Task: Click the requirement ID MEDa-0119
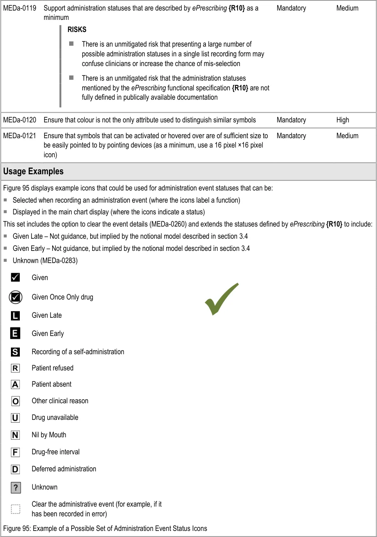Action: (x=19, y=8)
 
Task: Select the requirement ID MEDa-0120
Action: (x=19, y=120)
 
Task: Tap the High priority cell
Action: (x=342, y=120)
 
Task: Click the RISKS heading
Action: (x=77, y=30)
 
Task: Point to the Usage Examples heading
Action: (x=33, y=171)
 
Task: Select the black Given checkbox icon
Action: (x=15, y=277)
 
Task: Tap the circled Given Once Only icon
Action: (x=15, y=297)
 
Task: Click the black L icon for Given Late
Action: (x=15, y=315)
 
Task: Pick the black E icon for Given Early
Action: (x=15, y=334)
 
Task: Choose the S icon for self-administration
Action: (x=15, y=352)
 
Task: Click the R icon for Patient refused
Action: (x=15, y=368)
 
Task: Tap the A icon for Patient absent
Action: (x=15, y=384)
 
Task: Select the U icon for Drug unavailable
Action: (x=15, y=417)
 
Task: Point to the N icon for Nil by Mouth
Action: (x=15, y=435)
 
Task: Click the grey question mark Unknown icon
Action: (x=16, y=487)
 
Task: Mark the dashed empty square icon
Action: (x=15, y=509)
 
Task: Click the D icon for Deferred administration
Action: (x=15, y=469)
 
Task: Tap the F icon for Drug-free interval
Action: (x=15, y=452)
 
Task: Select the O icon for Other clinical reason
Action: (x=15, y=401)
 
